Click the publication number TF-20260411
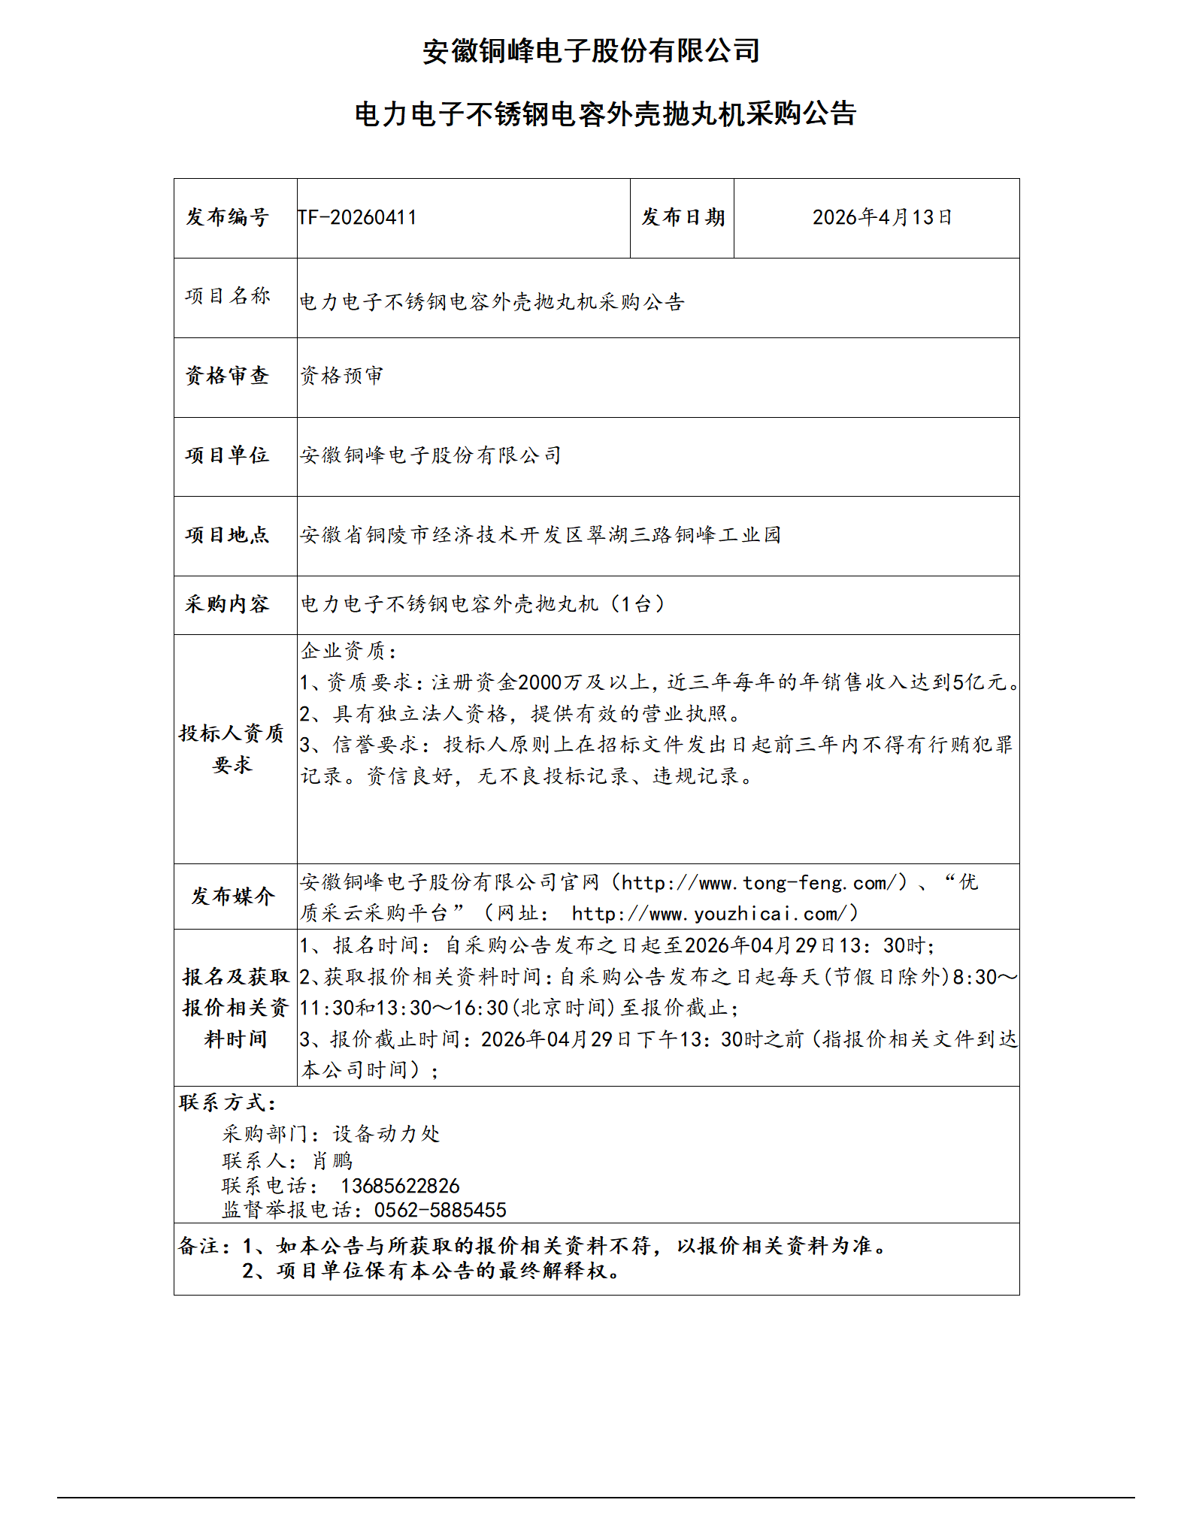point(357,218)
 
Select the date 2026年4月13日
point(882,218)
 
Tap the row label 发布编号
point(227,218)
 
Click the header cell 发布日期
point(683,218)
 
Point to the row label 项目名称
point(227,296)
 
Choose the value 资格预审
point(342,376)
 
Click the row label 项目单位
point(227,455)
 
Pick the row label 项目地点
point(227,535)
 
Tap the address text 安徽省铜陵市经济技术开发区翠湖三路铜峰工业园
point(540,535)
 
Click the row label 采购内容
point(227,604)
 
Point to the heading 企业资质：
point(349,651)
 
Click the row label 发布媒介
point(233,897)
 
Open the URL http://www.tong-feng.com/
point(760,883)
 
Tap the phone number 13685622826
point(400,1187)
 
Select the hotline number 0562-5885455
point(441,1211)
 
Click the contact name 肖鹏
point(332,1162)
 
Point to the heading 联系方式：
point(228,1103)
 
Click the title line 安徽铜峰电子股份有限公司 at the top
point(591,51)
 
